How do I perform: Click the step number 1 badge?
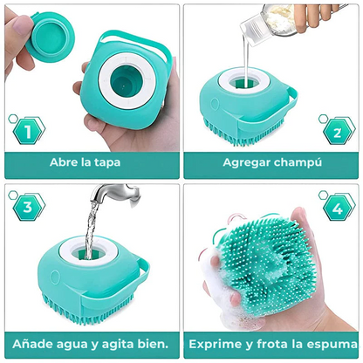[28, 132]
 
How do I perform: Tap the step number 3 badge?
[27, 208]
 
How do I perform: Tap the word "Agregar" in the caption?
[248, 162]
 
